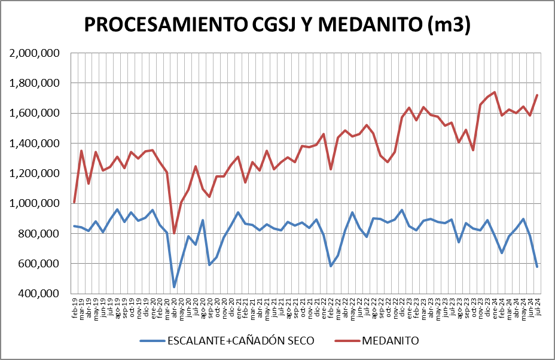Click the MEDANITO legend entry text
pyautogui.click(x=390, y=341)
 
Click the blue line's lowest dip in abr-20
pyautogui.click(x=174, y=287)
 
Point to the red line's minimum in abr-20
pyautogui.click(x=174, y=233)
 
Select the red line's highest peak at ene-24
pyautogui.click(x=495, y=92)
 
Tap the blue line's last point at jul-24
pyautogui.click(x=538, y=267)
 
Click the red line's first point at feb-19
pyautogui.click(x=74, y=203)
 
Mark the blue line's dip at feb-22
pyautogui.click(x=331, y=266)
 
